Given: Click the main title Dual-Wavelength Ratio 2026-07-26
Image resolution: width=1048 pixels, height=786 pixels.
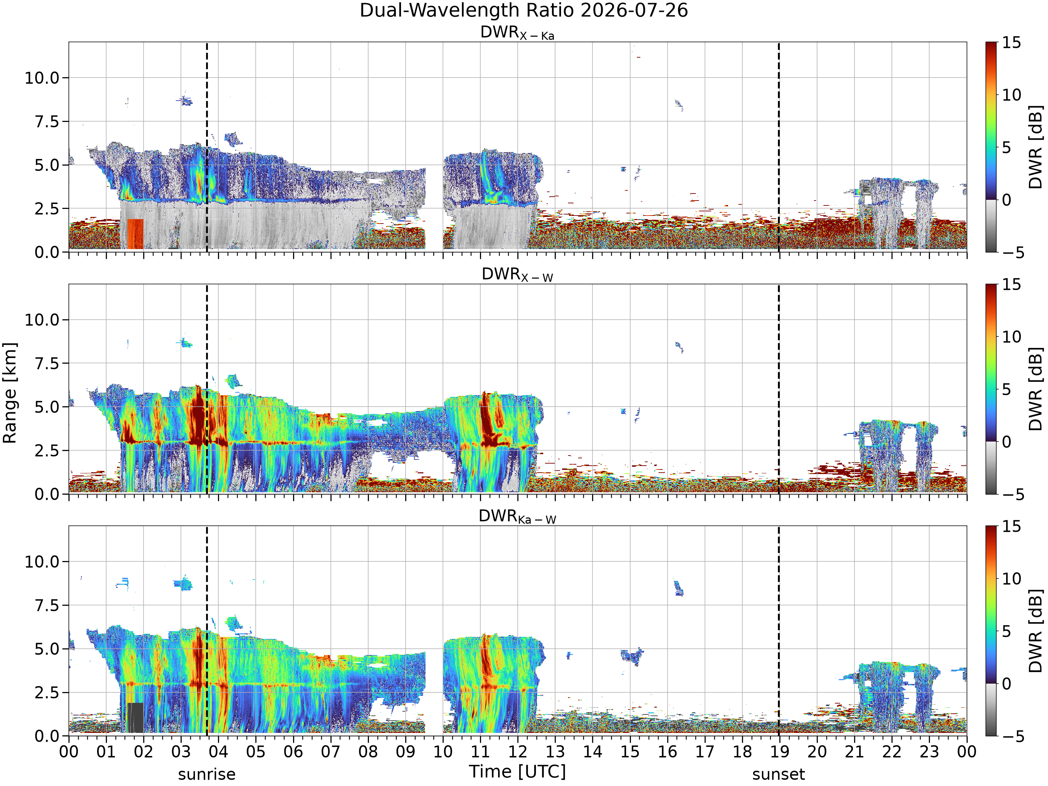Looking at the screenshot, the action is pyautogui.click(x=524, y=10).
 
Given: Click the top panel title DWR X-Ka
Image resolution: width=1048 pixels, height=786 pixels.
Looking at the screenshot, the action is pyautogui.click(x=517, y=33).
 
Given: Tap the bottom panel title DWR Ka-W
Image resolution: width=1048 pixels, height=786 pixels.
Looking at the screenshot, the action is pyautogui.click(x=517, y=516).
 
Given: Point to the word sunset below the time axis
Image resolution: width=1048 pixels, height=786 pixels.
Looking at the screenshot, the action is pyautogui.click(x=778, y=774).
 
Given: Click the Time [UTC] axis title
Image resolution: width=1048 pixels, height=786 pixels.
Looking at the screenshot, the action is pyautogui.click(x=517, y=771).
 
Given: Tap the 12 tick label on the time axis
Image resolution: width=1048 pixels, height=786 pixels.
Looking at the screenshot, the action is pyautogui.click(x=517, y=751).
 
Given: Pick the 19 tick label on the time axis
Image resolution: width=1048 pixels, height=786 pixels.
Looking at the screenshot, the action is pyautogui.click(x=779, y=751).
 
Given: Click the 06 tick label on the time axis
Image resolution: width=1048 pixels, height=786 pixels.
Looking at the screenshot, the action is pyautogui.click(x=293, y=751).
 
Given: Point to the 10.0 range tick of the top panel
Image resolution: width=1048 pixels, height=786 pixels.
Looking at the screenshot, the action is pyautogui.click(x=42, y=78).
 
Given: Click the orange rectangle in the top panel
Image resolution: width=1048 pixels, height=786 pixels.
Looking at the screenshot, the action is pyautogui.click(x=135, y=234).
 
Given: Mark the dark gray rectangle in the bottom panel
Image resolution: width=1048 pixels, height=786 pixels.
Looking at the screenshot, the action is pyautogui.click(x=135, y=717).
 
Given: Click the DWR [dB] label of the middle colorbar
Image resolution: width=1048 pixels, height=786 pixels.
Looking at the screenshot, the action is pyautogui.click(x=1036, y=389).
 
